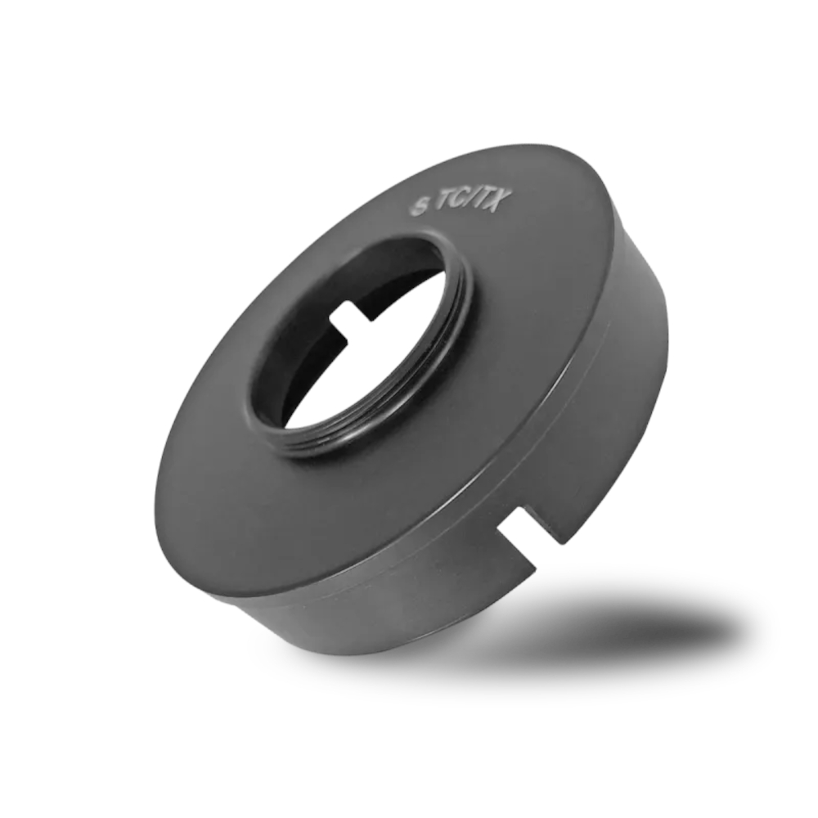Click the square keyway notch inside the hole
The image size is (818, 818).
(348, 316)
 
